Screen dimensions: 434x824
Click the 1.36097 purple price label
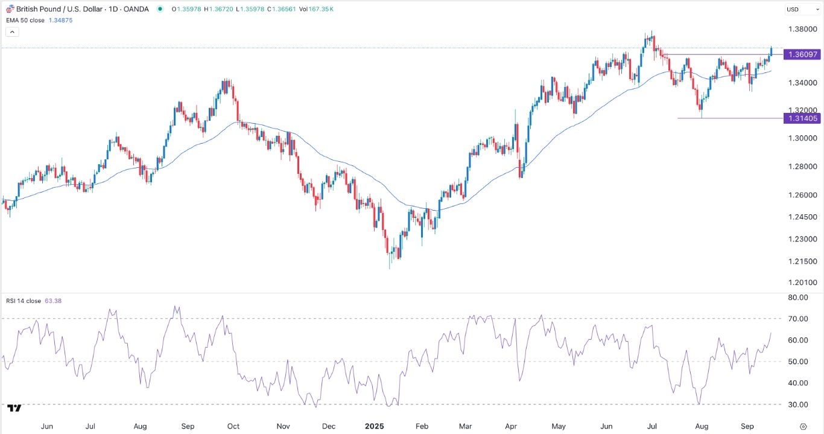801,54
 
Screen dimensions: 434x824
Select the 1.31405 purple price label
801,118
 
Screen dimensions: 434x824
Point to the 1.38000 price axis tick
801,29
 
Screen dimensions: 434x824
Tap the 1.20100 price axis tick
801,282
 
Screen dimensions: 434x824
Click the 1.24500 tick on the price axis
801,217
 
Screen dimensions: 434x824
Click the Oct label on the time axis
233,426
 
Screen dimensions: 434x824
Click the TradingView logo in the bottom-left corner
14,409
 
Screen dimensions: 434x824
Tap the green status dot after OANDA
159,9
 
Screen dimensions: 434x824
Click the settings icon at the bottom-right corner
802,426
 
